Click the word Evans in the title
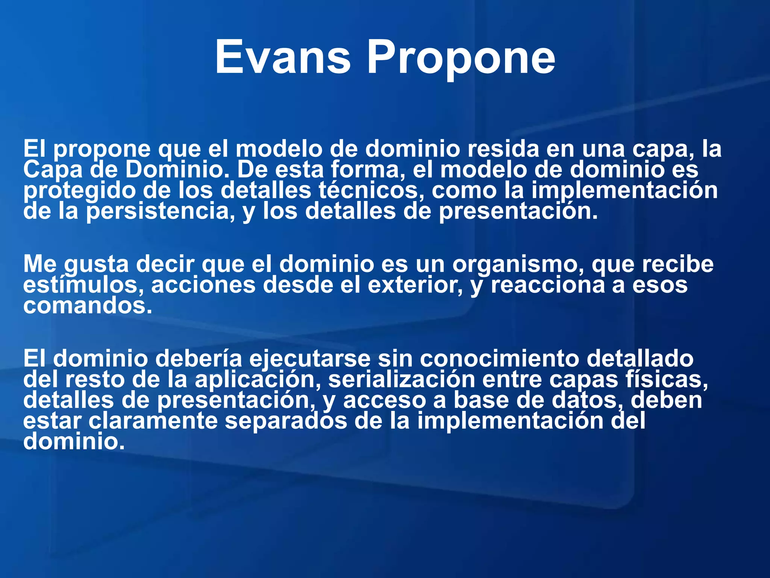click(283, 58)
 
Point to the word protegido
click(79, 191)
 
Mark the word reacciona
click(547, 285)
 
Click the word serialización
click(402, 380)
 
